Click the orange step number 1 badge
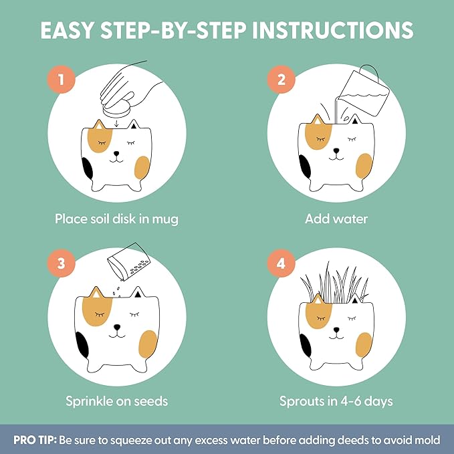pos(62,80)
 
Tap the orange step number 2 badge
pos(281,80)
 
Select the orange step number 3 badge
pos(62,263)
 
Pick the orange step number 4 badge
pos(281,263)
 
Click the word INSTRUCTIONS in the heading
pos(333,30)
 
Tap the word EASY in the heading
pos(67,30)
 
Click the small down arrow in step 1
pos(116,124)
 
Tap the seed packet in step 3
pos(128,261)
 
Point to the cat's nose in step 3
pos(117,327)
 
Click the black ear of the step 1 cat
pos(134,125)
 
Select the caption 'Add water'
pos(336,219)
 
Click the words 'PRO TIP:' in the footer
pos(35,440)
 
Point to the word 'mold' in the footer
pos(427,440)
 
